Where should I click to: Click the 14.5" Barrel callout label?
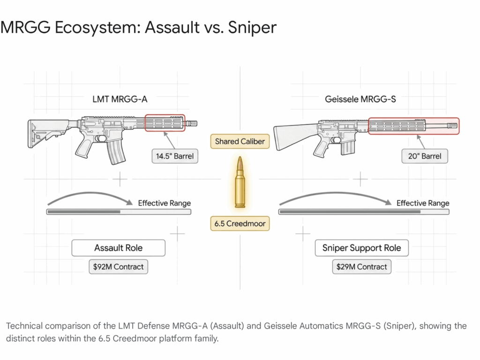click(174, 156)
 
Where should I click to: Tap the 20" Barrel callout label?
click(425, 156)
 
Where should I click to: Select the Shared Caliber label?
click(240, 141)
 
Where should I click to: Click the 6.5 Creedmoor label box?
click(240, 224)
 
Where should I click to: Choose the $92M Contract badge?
click(118, 267)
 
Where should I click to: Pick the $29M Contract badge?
click(362, 267)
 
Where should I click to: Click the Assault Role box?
click(118, 247)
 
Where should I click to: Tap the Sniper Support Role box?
click(361, 247)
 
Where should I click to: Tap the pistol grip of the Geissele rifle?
click(322, 146)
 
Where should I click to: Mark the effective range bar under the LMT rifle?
click(119, 212)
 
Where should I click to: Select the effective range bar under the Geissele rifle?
click(364, 212)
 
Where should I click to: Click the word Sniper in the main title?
click(252, 27)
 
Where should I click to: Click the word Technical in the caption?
click(25, 326)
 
